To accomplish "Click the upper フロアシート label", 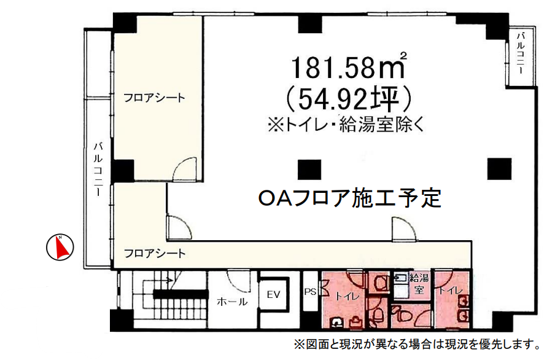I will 154,97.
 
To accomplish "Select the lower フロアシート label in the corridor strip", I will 155,253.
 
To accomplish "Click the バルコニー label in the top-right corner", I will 519,54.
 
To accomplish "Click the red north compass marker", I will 61,248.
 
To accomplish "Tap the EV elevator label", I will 273,295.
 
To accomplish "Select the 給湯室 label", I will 421,284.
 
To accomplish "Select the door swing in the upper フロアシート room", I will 185,171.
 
